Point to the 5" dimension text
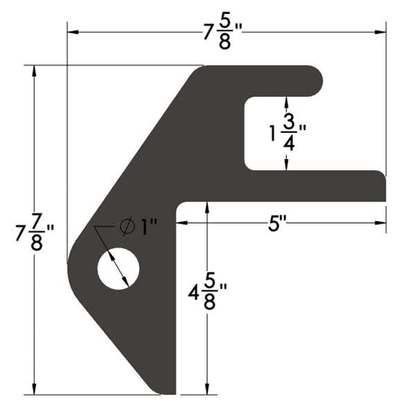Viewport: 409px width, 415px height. point(277,224)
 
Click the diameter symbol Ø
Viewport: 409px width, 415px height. point(128,227)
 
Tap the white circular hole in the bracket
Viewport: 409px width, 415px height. point(119,269)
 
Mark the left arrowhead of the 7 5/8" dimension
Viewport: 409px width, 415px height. point(71,32)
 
